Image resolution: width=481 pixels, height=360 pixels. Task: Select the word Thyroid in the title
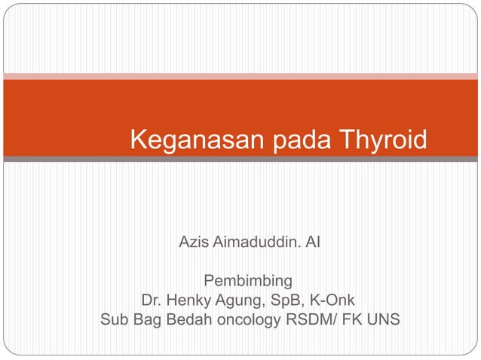pos(383,139)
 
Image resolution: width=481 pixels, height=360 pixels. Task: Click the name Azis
pos(193,243)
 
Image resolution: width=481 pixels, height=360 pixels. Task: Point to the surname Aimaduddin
pos(253,243)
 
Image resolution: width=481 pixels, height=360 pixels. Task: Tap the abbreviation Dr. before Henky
pos(141,302)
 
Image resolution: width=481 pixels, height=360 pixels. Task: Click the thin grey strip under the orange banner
pos(240,159)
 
